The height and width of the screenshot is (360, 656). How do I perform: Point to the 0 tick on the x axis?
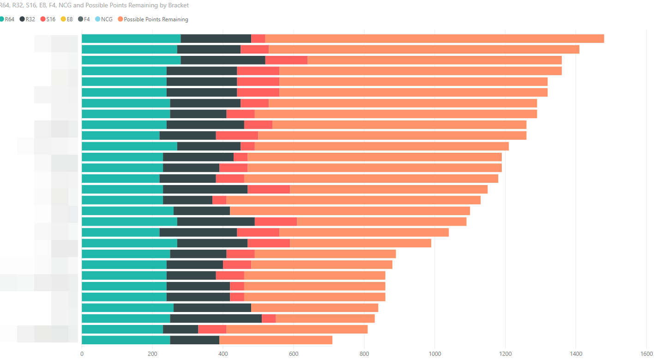[x=82, y=354]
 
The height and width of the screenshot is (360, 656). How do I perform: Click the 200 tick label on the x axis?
[x=152, y=354]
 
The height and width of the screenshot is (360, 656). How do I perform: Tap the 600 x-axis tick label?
[x=294, y=354]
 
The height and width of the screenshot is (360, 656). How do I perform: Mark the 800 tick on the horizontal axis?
[x=364, y=354]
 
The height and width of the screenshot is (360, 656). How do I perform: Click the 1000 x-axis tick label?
[x=435, y=354]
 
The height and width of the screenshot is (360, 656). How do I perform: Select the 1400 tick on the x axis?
[x=576, y=354]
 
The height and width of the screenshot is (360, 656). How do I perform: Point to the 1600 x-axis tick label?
[x=646, y=354]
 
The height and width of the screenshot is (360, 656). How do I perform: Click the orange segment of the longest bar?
[x=434, y=38]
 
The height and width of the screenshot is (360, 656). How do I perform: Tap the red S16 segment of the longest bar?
[x=258, y=38]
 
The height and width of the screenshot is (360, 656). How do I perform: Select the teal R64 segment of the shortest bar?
[x=126, y=340]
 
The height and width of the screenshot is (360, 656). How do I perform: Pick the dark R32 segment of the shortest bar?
[x=194, y=340]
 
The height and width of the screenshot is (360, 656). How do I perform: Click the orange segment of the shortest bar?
[x=276, y=340]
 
